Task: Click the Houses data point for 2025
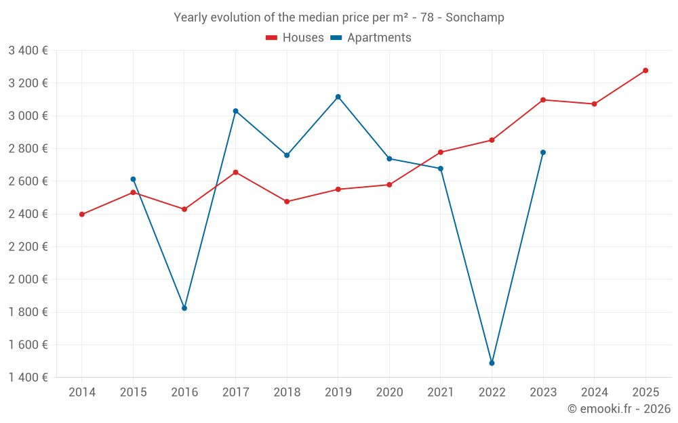point(645,70)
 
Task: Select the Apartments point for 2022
point(492,363)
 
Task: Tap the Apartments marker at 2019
point(338,97)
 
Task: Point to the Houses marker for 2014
point(82,215)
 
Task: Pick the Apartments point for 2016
point(184,308)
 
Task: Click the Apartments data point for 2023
point(543,152)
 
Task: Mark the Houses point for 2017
point(235,173)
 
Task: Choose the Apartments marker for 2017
point(235,111)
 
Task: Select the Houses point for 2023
point(543,100)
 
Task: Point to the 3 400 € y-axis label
point(28,51)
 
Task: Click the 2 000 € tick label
point(28,280)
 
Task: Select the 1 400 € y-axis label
point(28,378)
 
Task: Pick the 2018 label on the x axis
point(287,393)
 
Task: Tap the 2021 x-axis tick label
point(441,393)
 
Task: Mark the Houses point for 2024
point(594,104)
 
